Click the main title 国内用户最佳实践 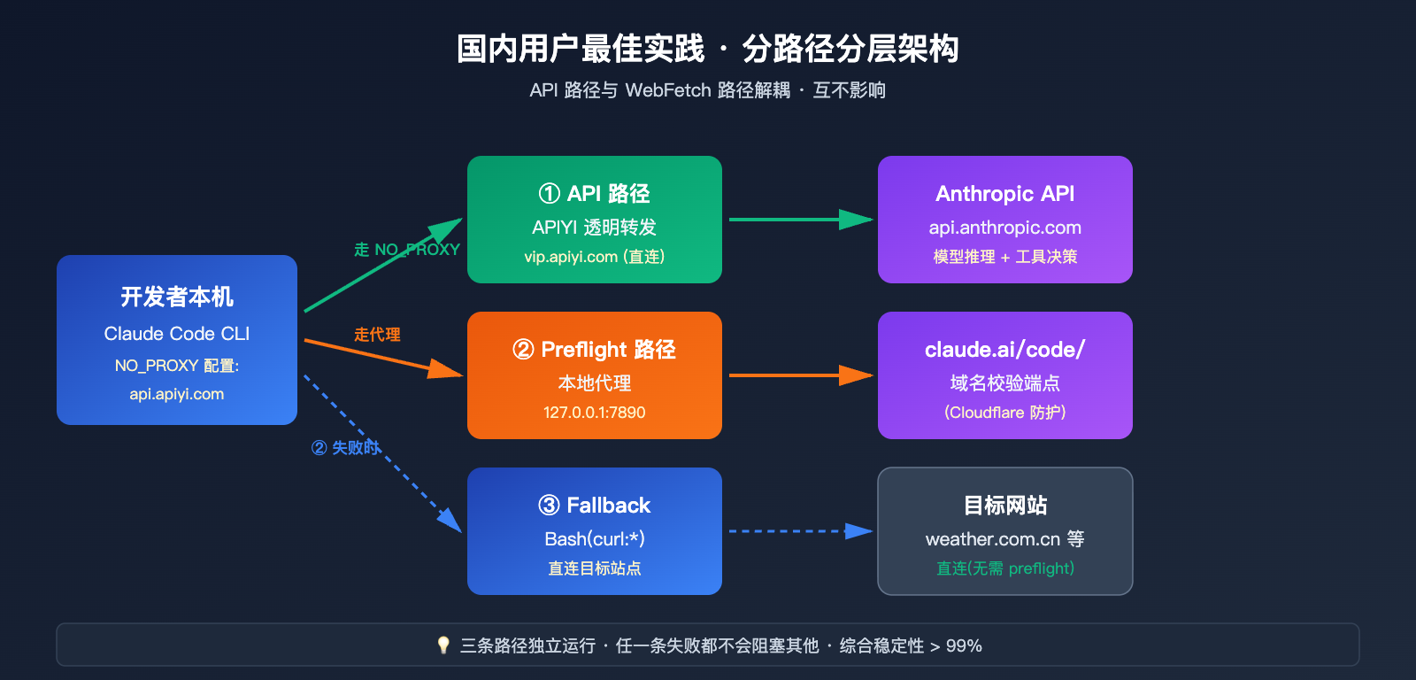(581, 49)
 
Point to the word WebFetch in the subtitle (668, 90)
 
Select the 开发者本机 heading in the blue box (177, 297)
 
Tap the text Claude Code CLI (177, 334)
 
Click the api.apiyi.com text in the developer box (177, 394)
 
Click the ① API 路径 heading (595, 193)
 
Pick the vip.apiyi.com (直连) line (595, 257)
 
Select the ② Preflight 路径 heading (595, 349)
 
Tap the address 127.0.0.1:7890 (595, 413)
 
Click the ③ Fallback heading (595, 505)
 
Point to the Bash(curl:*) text (595, 538)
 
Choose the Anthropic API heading (1005, 193)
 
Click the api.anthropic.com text (1005, 228)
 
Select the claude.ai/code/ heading (1005, 349)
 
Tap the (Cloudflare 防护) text (1005, 413)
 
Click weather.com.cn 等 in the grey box (1005, 538)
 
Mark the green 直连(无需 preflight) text (1005, 568)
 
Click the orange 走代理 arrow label (377, 335)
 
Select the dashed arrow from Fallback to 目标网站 (796, 531)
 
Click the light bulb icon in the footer (443, 645)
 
